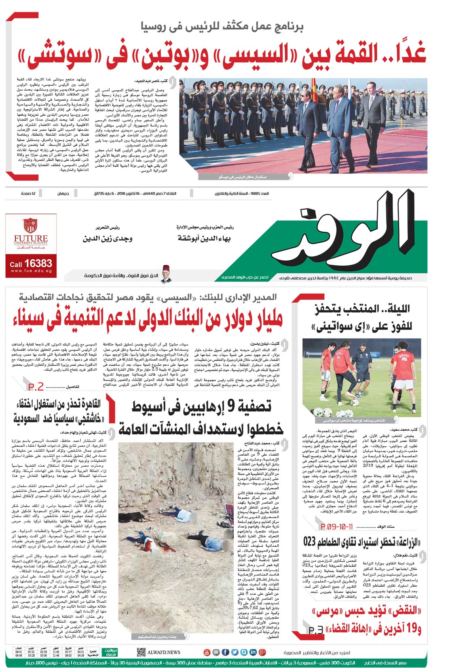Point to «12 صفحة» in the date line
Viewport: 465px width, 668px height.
point(28,194)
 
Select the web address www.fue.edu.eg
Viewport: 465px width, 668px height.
point(31,271)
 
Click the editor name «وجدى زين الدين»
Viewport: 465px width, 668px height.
point(107,239)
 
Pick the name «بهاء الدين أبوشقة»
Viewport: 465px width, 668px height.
point(204,239)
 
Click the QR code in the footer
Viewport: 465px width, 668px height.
point(141,652)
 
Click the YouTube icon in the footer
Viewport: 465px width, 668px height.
point(207,652)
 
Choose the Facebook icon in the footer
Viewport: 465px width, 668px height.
point(225,652)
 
